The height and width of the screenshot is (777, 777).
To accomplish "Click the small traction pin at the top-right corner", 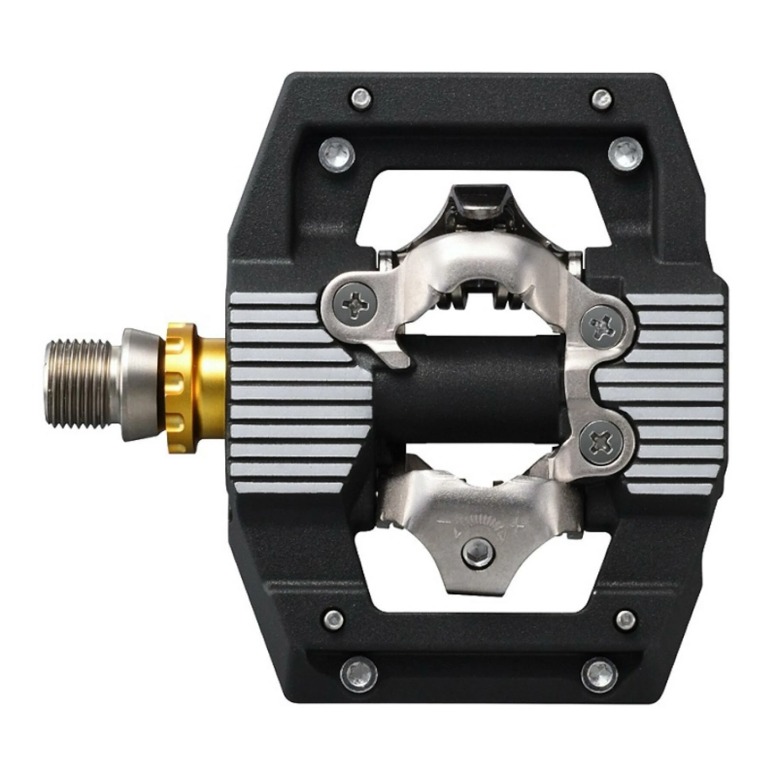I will click(x=601, y=99).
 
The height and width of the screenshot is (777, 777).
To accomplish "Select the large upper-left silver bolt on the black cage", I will click(x=337, y=154).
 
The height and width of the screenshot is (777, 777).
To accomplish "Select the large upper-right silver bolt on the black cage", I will click(x=625, y=153).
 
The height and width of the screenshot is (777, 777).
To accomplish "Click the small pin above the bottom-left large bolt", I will click(x=334, y=620).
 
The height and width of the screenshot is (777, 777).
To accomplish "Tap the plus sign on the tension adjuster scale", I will click(x=517, y=524).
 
